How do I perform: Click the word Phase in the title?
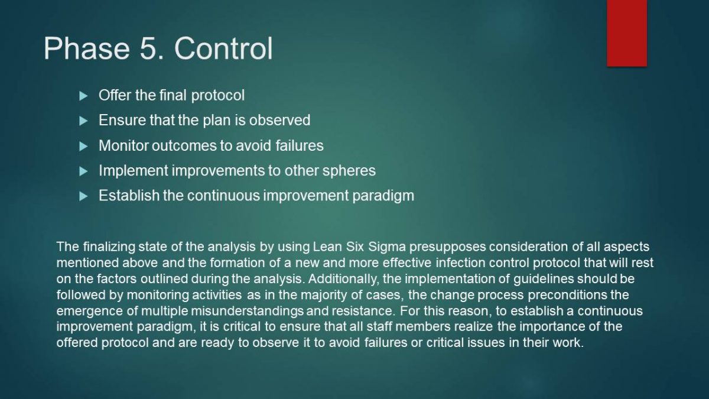(87, 48)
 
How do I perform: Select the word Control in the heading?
(223, 48)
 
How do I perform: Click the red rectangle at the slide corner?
(627, 33)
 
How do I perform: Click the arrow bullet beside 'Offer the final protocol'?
(83, 96)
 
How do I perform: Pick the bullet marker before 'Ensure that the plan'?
(83, 121)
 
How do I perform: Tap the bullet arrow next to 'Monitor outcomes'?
(83, 147)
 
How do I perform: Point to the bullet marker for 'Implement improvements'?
(83, 171)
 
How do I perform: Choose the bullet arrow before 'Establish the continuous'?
(83, 196)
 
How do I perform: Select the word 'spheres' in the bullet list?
(349, 171)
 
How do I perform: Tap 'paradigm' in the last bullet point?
(383, 196)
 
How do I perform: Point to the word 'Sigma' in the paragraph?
(387, 247)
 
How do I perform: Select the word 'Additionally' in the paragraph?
(343, 279)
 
